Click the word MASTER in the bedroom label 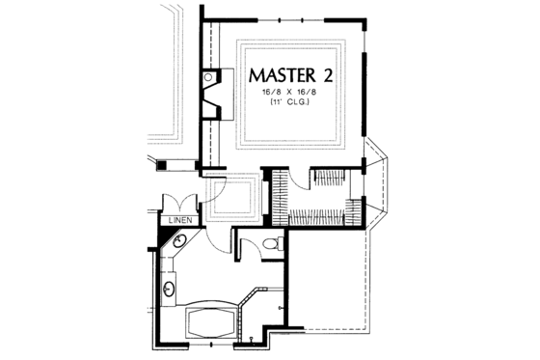click(x=282, y=74)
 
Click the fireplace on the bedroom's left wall click(x=212, y=97)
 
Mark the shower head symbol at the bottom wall click(x=252, y=340)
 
